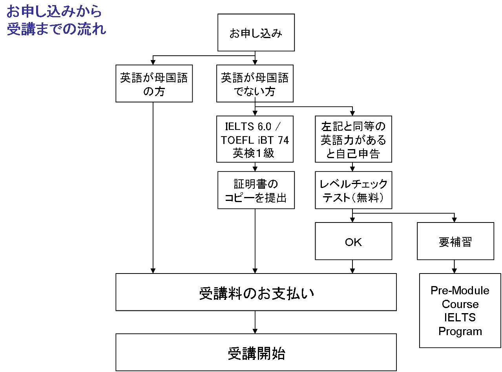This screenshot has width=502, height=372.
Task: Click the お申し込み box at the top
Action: [x=256, y=33]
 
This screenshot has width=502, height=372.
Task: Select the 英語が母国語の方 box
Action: [x=154, y=84]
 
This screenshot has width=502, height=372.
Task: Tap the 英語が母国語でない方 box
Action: [x=255, y=84]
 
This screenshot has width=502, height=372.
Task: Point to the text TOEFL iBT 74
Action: [x=255, y=140]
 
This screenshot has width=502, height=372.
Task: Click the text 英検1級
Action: [x=254, y=153]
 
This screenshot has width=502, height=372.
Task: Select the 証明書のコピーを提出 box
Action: [x=256, y=190]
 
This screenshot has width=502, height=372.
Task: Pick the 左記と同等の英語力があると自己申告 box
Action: [x=353, y=139]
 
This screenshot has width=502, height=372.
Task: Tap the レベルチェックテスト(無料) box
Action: [x=353, y=190]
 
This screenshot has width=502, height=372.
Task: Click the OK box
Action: [x=353, y=241]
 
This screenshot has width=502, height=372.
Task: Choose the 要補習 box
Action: [x=455, y=241]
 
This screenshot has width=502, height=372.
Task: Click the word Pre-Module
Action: [x=460, y=290]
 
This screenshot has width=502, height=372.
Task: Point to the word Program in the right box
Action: [x=460, y=331]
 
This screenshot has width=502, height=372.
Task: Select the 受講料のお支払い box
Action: [x=256, y=292]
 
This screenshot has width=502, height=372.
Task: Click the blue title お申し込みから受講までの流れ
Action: [x=55, y=21]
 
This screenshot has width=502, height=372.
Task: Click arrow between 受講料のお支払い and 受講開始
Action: [x=256, y=322]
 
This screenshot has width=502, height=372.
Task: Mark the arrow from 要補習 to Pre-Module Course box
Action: [x=455, y=267]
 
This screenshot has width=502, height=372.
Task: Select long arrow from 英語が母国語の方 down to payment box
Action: [x=153, y=188]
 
